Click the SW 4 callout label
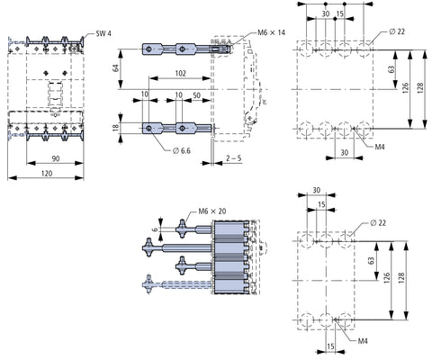(103, 33)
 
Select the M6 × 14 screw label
(271, 32)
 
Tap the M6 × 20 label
(212, 211)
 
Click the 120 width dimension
(47, 173)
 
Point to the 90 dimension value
(56, 158)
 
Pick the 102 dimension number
(180, 74)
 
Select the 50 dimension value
(196, 95)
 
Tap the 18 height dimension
(116, 128)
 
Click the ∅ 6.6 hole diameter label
(182, 150)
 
